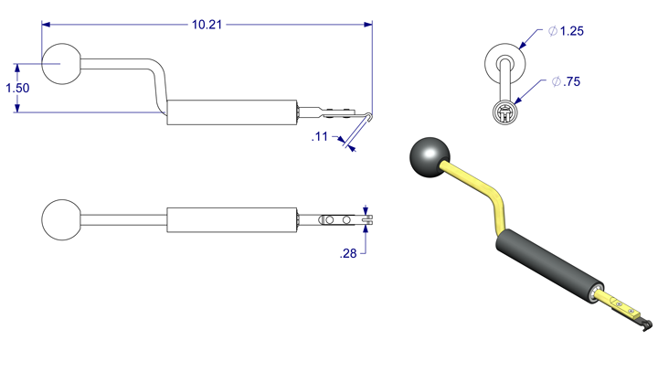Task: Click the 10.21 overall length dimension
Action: pos(207,25)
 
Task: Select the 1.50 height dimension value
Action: pos(17,89)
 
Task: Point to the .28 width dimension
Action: pos(348,254)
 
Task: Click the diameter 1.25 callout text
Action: pos(566,31)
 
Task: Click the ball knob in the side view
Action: pos(61,64)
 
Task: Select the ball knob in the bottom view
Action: pos(61,220)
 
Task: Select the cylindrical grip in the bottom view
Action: pos(233,220)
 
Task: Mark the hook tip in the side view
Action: pos(366,116)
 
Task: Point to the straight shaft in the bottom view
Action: pos(123,220)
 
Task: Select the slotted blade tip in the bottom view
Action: pos(368,219)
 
